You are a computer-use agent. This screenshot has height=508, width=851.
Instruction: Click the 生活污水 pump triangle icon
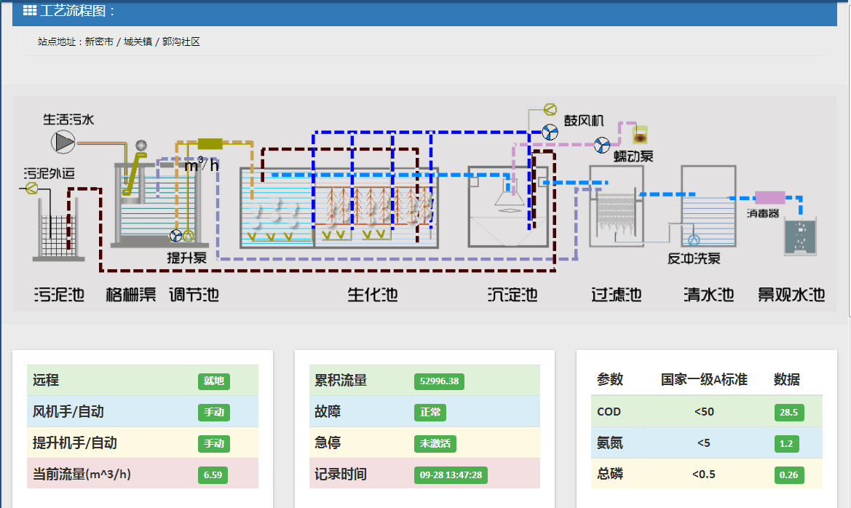[x=63, y=141]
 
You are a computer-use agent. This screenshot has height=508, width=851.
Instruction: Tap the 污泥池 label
[x=59, y=295]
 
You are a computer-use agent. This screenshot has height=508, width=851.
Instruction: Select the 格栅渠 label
[x=131, y=295]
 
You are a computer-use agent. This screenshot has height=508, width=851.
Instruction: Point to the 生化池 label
[x=373, y=295]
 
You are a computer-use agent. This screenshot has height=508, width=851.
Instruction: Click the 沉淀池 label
[x=512, y=295]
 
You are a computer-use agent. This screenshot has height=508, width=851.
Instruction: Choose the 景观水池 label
[x=791, y=295]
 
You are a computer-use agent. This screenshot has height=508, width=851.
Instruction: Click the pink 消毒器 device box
[x=769, y=197]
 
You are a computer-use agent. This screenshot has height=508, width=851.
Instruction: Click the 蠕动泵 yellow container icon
[x=641, y=134]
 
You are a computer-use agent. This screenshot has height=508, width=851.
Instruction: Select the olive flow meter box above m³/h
[x=210, y=143]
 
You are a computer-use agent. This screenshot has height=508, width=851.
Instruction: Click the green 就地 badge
[x=213, y=381]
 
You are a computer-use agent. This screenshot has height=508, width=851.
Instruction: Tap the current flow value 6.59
[x=213, y=475]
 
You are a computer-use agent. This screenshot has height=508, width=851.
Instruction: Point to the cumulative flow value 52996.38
[x=439, y=381]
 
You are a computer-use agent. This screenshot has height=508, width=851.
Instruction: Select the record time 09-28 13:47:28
[x=451, y=475]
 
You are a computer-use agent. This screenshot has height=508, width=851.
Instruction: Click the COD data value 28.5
[x=788, y=413]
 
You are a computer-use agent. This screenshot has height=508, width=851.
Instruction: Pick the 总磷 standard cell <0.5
[x=704, y=475]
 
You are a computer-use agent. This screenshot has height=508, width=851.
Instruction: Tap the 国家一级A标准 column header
[x=704, y=380]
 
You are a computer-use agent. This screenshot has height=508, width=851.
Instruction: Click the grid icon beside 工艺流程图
[x=30, y=11]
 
